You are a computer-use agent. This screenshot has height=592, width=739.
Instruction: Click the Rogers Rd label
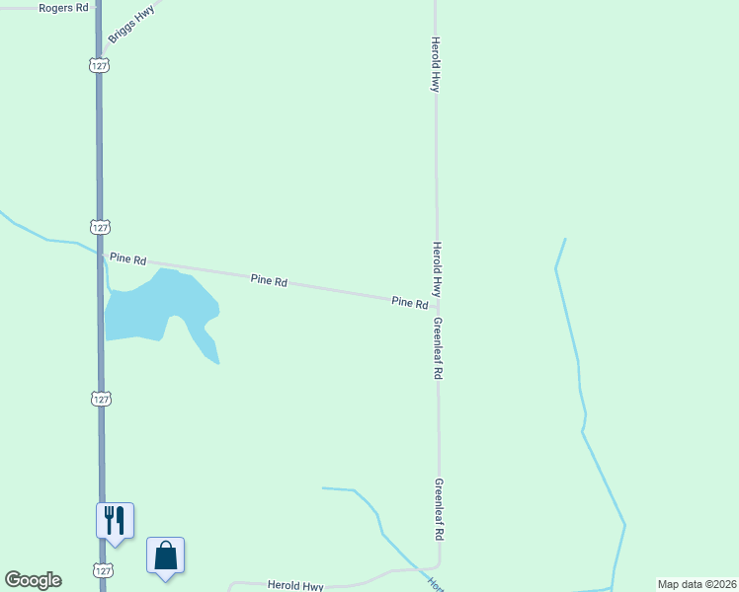[x=63, y=8]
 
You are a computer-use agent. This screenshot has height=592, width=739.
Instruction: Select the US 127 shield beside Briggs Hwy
[x=99, y=65]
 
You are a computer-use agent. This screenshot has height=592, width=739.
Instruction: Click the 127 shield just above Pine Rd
[x=99, y=227]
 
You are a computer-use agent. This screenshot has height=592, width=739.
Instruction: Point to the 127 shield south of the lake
[x=101, y=399]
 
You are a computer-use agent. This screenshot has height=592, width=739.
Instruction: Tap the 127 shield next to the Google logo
[x=103, y=570]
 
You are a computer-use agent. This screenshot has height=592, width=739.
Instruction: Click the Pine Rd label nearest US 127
[x=128, y=259]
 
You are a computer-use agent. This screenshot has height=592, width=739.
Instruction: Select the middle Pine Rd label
[x=269, y=281]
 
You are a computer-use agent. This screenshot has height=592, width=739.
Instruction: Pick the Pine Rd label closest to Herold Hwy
[x=409, y=302]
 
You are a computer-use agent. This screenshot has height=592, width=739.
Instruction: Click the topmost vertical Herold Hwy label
[x=435, y=65]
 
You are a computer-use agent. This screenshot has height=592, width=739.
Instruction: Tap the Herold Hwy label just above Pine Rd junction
[x=436, y=269]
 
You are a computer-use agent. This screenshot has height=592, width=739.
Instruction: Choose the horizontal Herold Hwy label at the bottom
[x=295, y=585]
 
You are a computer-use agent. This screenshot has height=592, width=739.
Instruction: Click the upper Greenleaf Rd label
[x=438, y=349]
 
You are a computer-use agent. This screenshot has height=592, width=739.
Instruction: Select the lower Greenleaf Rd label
[x=438, y=509]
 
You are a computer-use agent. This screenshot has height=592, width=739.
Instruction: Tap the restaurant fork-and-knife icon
[x=115, y=519]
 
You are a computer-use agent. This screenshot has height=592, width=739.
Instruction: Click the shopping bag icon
[x=166, y=555]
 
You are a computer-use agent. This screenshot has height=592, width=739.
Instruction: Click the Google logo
[x=33, y=580]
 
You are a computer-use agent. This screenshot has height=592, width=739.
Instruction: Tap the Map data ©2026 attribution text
[x=697, y=584]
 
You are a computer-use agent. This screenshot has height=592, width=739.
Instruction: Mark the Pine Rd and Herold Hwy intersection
[x=437, y=306]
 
